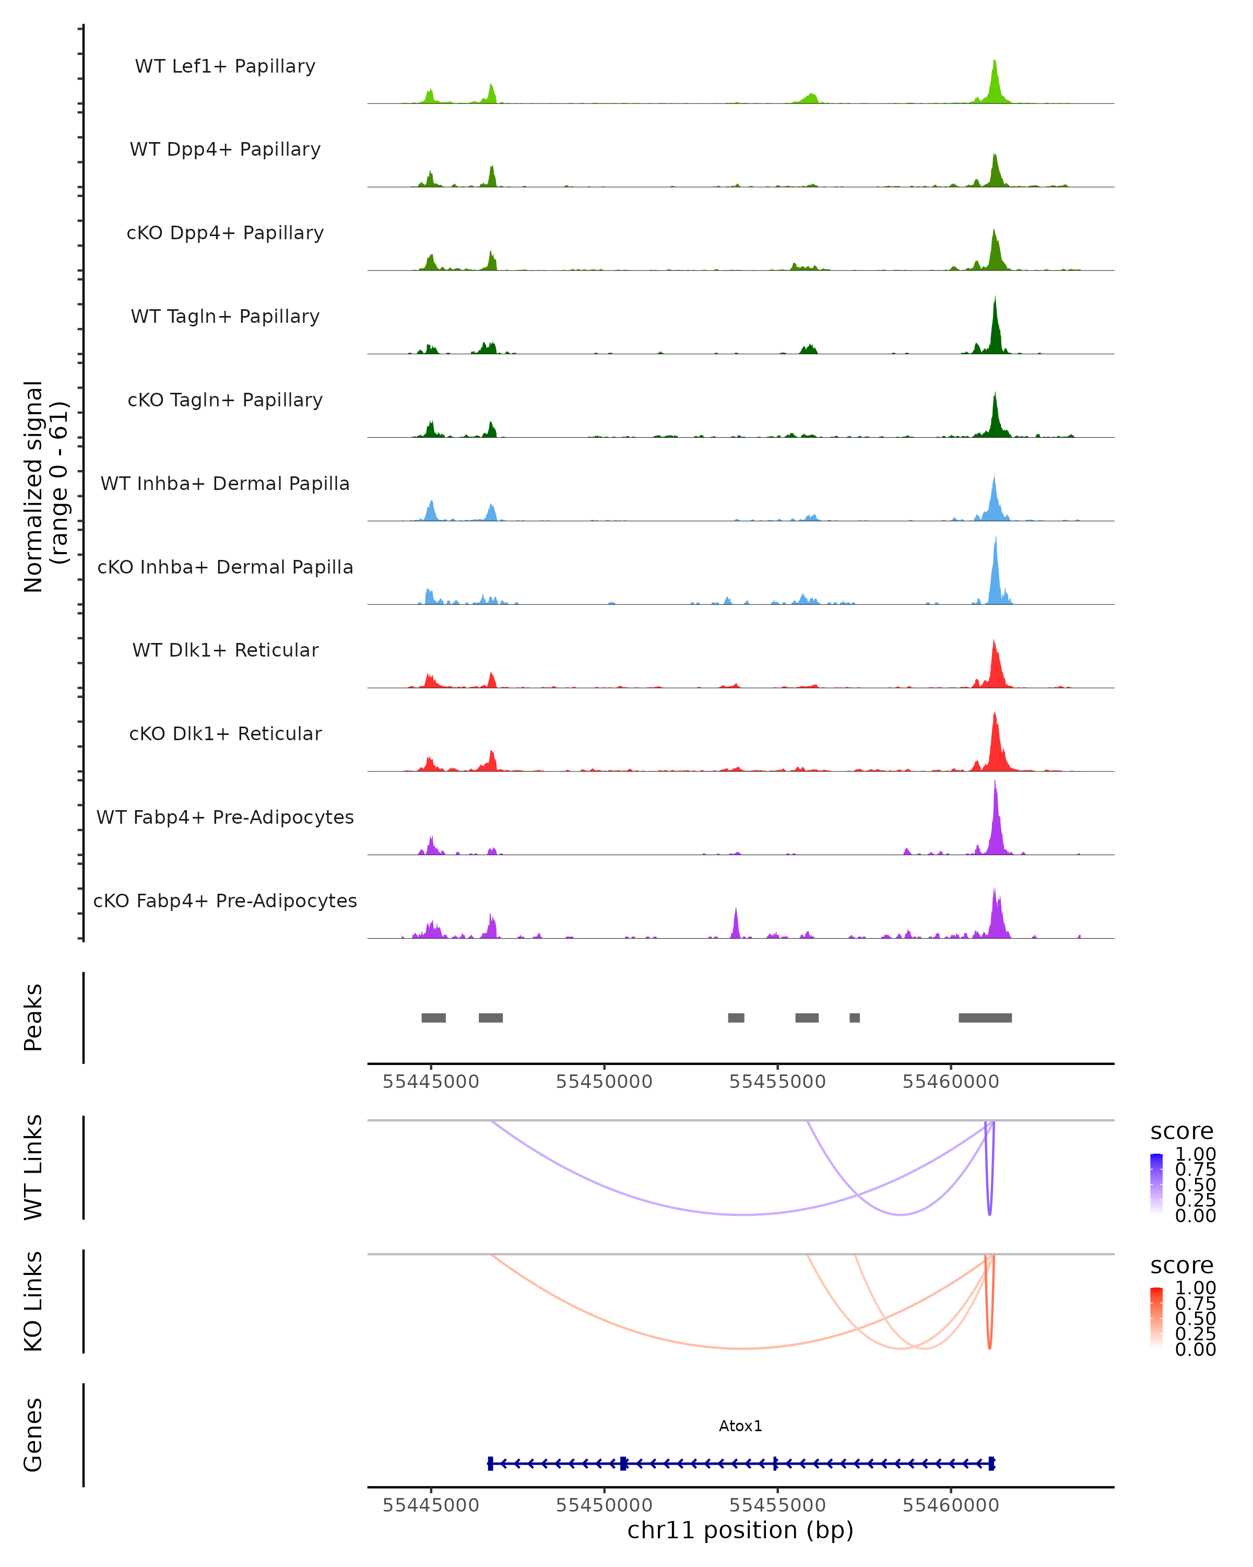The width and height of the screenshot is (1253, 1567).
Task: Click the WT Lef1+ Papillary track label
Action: pos(225,66)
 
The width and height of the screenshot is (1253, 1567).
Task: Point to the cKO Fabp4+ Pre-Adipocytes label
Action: pos(225,901)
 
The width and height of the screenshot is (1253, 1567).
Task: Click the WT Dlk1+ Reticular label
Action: pos(225,650)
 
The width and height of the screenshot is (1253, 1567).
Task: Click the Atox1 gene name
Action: pos(740,1426)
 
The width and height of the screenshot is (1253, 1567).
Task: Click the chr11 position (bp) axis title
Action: pos(740,1530)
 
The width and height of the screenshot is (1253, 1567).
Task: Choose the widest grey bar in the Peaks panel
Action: pos(985,1018)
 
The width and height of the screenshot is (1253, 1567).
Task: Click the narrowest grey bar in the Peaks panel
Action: pos(855,1018)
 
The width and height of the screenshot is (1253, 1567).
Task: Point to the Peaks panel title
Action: pos(33,1018)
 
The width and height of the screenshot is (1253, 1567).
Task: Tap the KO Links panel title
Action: pos(33,1302)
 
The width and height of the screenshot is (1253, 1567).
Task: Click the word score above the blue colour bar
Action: pos(1182,1132)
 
